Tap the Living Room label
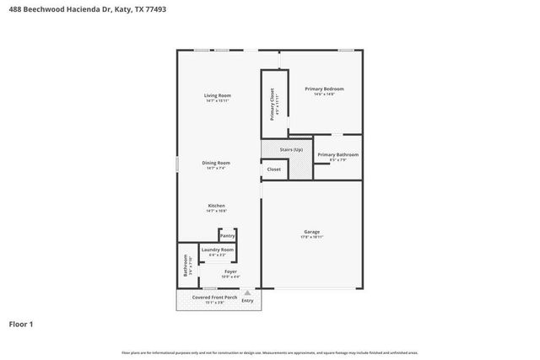(218, 95)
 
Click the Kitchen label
(218, 206)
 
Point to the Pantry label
(227, 236)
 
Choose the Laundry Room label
(218, 250)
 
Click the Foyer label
(230, 271)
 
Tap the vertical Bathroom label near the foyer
(186, 266)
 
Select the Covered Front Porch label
(213, 298)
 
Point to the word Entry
(247, 300)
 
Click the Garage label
(312, 232)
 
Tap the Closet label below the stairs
(274, 169)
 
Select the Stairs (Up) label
(291, 149)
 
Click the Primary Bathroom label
(337, 155)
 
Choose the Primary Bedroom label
(325, 89)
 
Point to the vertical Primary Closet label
(272, 104)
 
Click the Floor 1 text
(20, 324)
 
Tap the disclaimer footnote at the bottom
(270, 352)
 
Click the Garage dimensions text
(312, 238)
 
